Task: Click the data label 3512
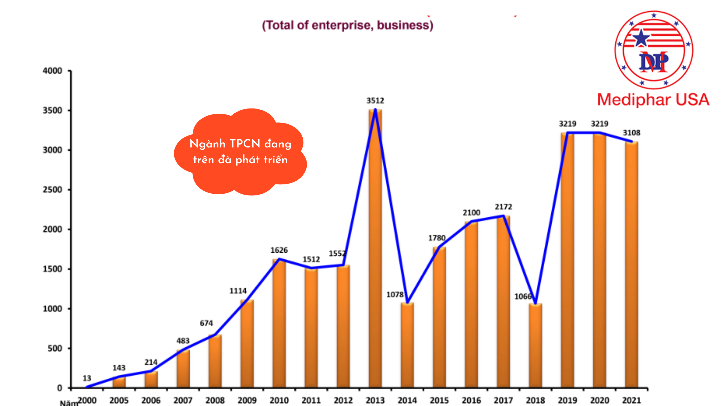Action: coord(375,101)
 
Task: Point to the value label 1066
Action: coord(523,296)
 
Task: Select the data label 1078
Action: coord(395,295)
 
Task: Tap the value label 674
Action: coord(206,323)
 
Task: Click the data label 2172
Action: coord(503,207)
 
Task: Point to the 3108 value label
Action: coord(631,133)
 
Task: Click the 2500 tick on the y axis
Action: coord(52,190)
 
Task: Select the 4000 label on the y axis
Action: coord(52,71)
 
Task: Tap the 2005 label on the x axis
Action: coord(119,400)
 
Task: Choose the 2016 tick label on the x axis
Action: coord(471,400)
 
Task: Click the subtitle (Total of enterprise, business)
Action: coord(347,25)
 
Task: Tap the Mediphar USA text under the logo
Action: coord(653,100)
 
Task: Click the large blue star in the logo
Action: coord(641,38)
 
